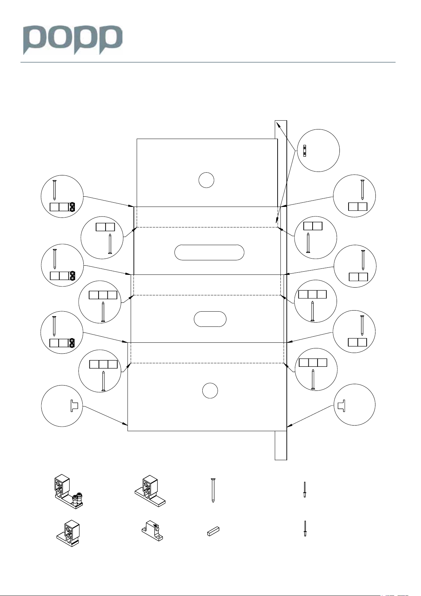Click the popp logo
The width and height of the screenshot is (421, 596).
click(x=73, y=40)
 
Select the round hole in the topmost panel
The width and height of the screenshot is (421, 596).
click(x=206, y=180)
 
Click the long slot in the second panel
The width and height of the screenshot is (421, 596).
click(x=209, y=252)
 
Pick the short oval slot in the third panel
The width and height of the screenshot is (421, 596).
click(x=210, y=319)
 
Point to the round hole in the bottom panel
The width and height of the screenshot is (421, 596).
click(x=210, y=390)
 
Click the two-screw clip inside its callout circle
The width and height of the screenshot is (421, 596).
click(x=305, y=151)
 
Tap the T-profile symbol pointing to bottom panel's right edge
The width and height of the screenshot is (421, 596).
click(x=341, y=405)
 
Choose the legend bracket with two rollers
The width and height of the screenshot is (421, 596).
click(x=68, y=491)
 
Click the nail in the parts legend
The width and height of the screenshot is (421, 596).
click(x=213, y=490)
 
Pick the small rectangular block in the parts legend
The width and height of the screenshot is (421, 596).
click(x=213, y=531)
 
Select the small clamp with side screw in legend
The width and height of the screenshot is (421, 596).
click(x=152, y=529)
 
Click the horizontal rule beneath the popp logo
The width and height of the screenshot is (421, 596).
click(x=208, y=63)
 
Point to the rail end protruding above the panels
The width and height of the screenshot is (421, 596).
click(x=281, y=129)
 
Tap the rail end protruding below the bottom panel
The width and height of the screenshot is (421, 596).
click(x=281, y=445)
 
